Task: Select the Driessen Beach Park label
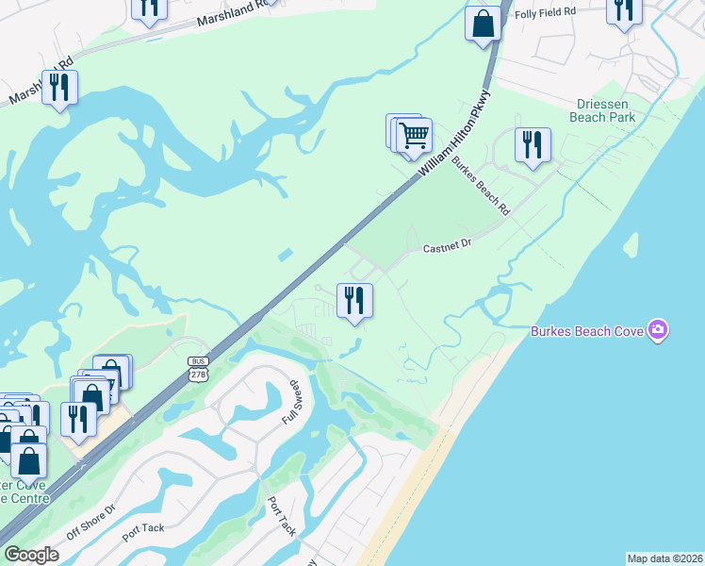point(603,110)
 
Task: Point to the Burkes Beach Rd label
point(481,185)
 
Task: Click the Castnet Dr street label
point(446,247)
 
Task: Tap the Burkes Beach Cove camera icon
point(658,330)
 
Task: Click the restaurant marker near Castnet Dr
point(355,300)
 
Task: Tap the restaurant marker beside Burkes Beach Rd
point(533,144)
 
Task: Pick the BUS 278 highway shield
point(198,369)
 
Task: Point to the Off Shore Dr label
point(91,522)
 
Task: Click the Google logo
point(31,555)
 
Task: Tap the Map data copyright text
point(664,558)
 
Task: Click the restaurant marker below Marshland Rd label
point(59,87)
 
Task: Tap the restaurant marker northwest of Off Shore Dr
point(78,418)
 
